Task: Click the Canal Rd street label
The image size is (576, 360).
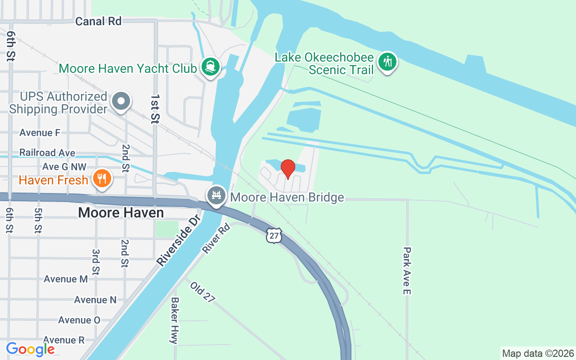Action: tap(99, 21)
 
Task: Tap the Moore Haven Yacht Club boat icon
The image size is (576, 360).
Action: tap(210, 67)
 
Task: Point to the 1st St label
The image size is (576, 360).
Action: tap(155, 109)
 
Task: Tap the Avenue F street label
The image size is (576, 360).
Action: tap(40, 133)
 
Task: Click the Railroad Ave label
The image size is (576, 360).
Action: tap(47, 153)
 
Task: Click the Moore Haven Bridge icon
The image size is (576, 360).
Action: tap(216, 196)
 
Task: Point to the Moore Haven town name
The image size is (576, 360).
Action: tap(121, 212)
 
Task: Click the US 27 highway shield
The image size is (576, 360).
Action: tap(274, 235)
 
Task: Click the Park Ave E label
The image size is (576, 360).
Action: tap(407, 271)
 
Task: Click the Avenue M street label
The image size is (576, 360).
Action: tap(66, 279)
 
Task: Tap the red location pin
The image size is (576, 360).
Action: tap(288, 169)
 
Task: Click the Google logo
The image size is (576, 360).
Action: tap(31, 349)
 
